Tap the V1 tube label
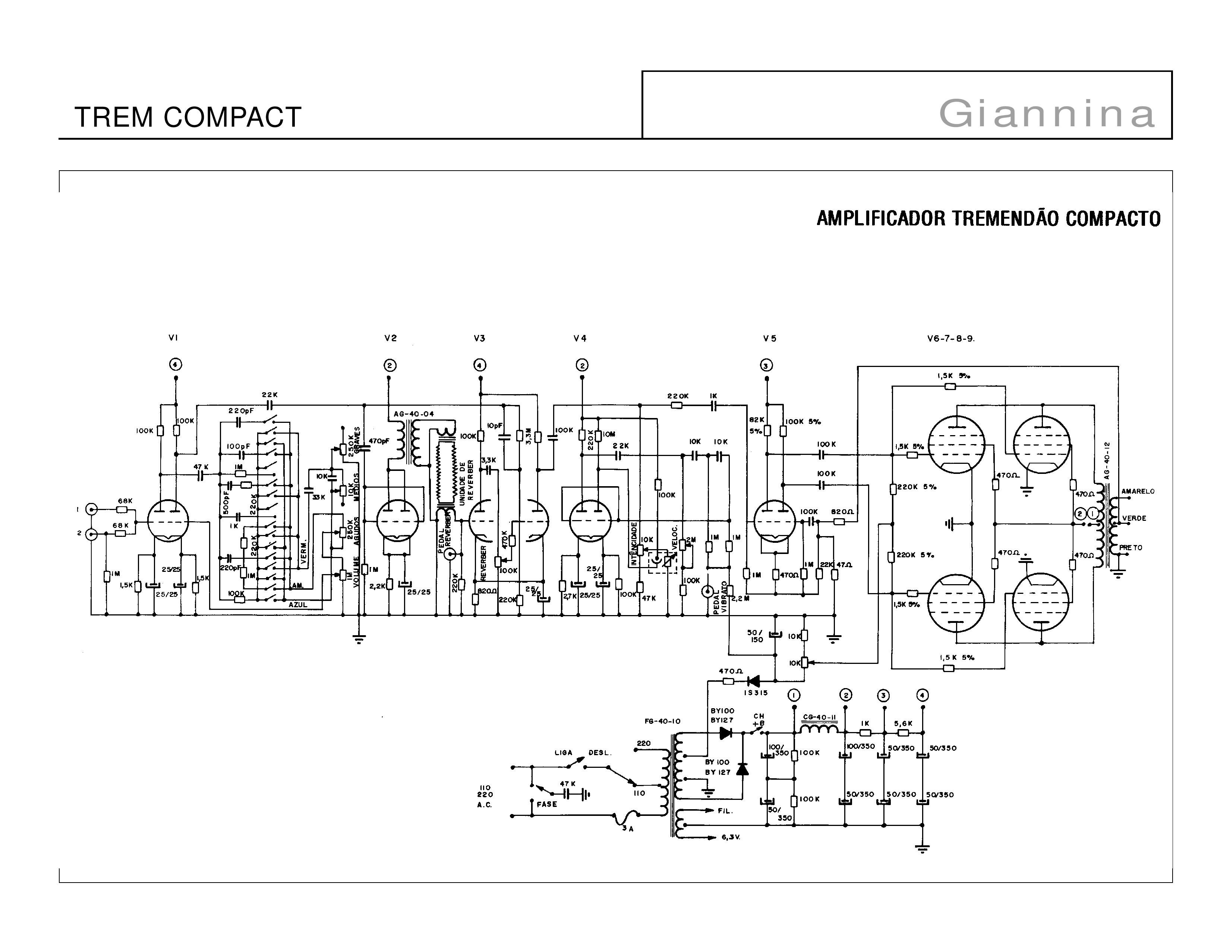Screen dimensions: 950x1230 (173, 338)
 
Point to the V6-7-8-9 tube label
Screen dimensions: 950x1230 (951, 339)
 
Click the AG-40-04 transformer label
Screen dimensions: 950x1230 (414, 414)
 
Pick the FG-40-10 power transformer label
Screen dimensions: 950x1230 (663, 721)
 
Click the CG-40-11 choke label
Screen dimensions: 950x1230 (819, 718)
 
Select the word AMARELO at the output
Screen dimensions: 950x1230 (1138, 491)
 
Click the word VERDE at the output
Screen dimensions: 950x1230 (1134, 518)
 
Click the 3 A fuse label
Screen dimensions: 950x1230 (628, 829)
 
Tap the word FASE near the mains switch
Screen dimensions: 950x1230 (547, 804)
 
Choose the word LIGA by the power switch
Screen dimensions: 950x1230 (563, 753)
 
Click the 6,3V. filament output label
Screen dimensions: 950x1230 (731, 837)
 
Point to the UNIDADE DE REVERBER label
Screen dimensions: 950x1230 (467, 483)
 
